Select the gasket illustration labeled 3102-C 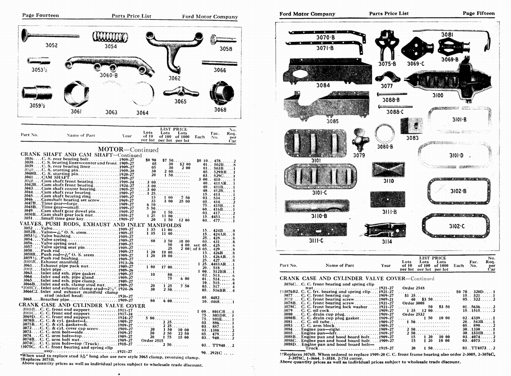click(x=456, y=226)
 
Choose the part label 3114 click(x=387, y=242)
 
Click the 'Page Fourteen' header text click(x=40, y=15)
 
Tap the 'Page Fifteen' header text click(x=478, y=13)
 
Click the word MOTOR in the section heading click(x=111, y=149)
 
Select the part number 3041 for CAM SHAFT click(x=29, y=177)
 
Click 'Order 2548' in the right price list click(x=413, y=288)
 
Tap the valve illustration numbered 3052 click(x=48, y=35)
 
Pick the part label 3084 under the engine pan click(x=323, y=85)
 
